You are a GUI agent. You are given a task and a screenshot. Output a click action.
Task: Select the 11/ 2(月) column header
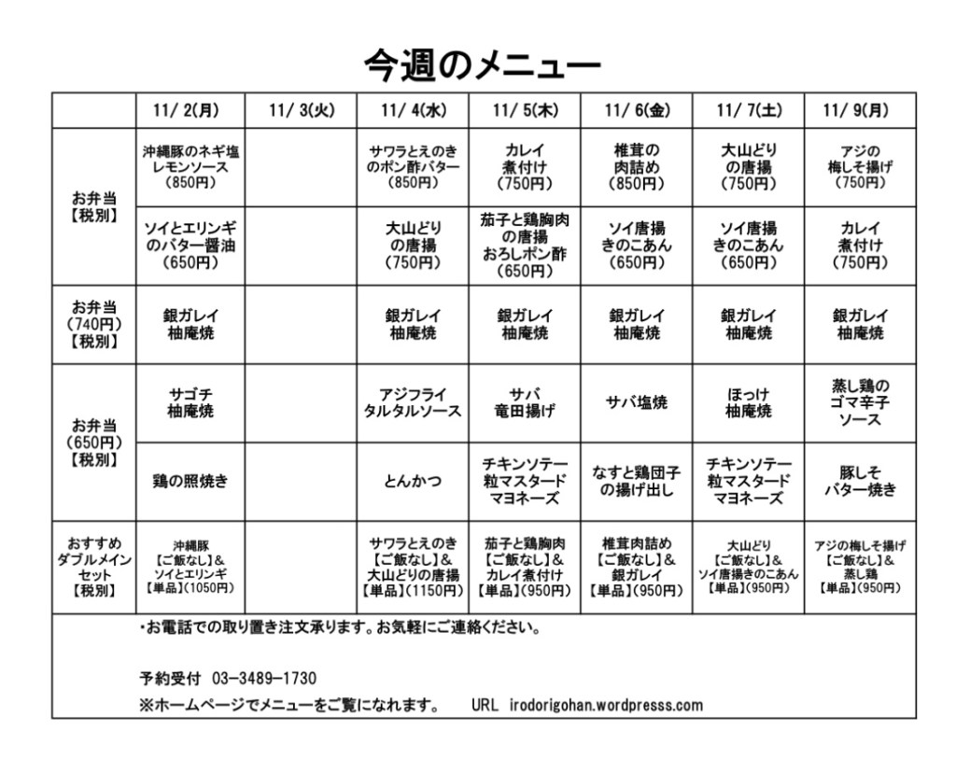(190, 110)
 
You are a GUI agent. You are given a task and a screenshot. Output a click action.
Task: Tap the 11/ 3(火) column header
(301, 110)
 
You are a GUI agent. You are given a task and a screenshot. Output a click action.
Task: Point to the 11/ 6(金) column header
(637, 110)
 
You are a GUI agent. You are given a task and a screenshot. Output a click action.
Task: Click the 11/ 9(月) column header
(861, 110)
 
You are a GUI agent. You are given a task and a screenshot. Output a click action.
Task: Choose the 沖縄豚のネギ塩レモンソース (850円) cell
(190, 166)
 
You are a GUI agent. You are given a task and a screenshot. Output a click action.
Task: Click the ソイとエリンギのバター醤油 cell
(190, 246)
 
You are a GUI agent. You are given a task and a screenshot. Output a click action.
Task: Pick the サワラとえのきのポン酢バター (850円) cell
(413, 166)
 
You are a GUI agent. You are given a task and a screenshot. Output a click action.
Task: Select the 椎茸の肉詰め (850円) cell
(637, 166)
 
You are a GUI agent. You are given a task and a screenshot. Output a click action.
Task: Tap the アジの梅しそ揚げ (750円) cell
(861, 166)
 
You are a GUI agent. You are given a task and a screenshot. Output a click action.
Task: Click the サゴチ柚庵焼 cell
(190, 402)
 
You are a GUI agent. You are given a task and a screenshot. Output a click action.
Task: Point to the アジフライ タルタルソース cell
(413, 402)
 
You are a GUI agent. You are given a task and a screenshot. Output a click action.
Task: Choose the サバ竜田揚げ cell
(525, 402)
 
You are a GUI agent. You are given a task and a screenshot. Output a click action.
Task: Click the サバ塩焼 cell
(637, 402)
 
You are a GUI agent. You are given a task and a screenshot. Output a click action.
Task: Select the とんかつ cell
(413, 482)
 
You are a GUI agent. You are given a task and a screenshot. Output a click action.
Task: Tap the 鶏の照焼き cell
(190, 482)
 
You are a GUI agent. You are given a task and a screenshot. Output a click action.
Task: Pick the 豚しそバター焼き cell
(861, 482)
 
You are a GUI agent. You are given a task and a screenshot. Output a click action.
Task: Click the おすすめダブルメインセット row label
(93, 567)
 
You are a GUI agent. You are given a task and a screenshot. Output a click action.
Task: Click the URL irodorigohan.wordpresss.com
(606, 705)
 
